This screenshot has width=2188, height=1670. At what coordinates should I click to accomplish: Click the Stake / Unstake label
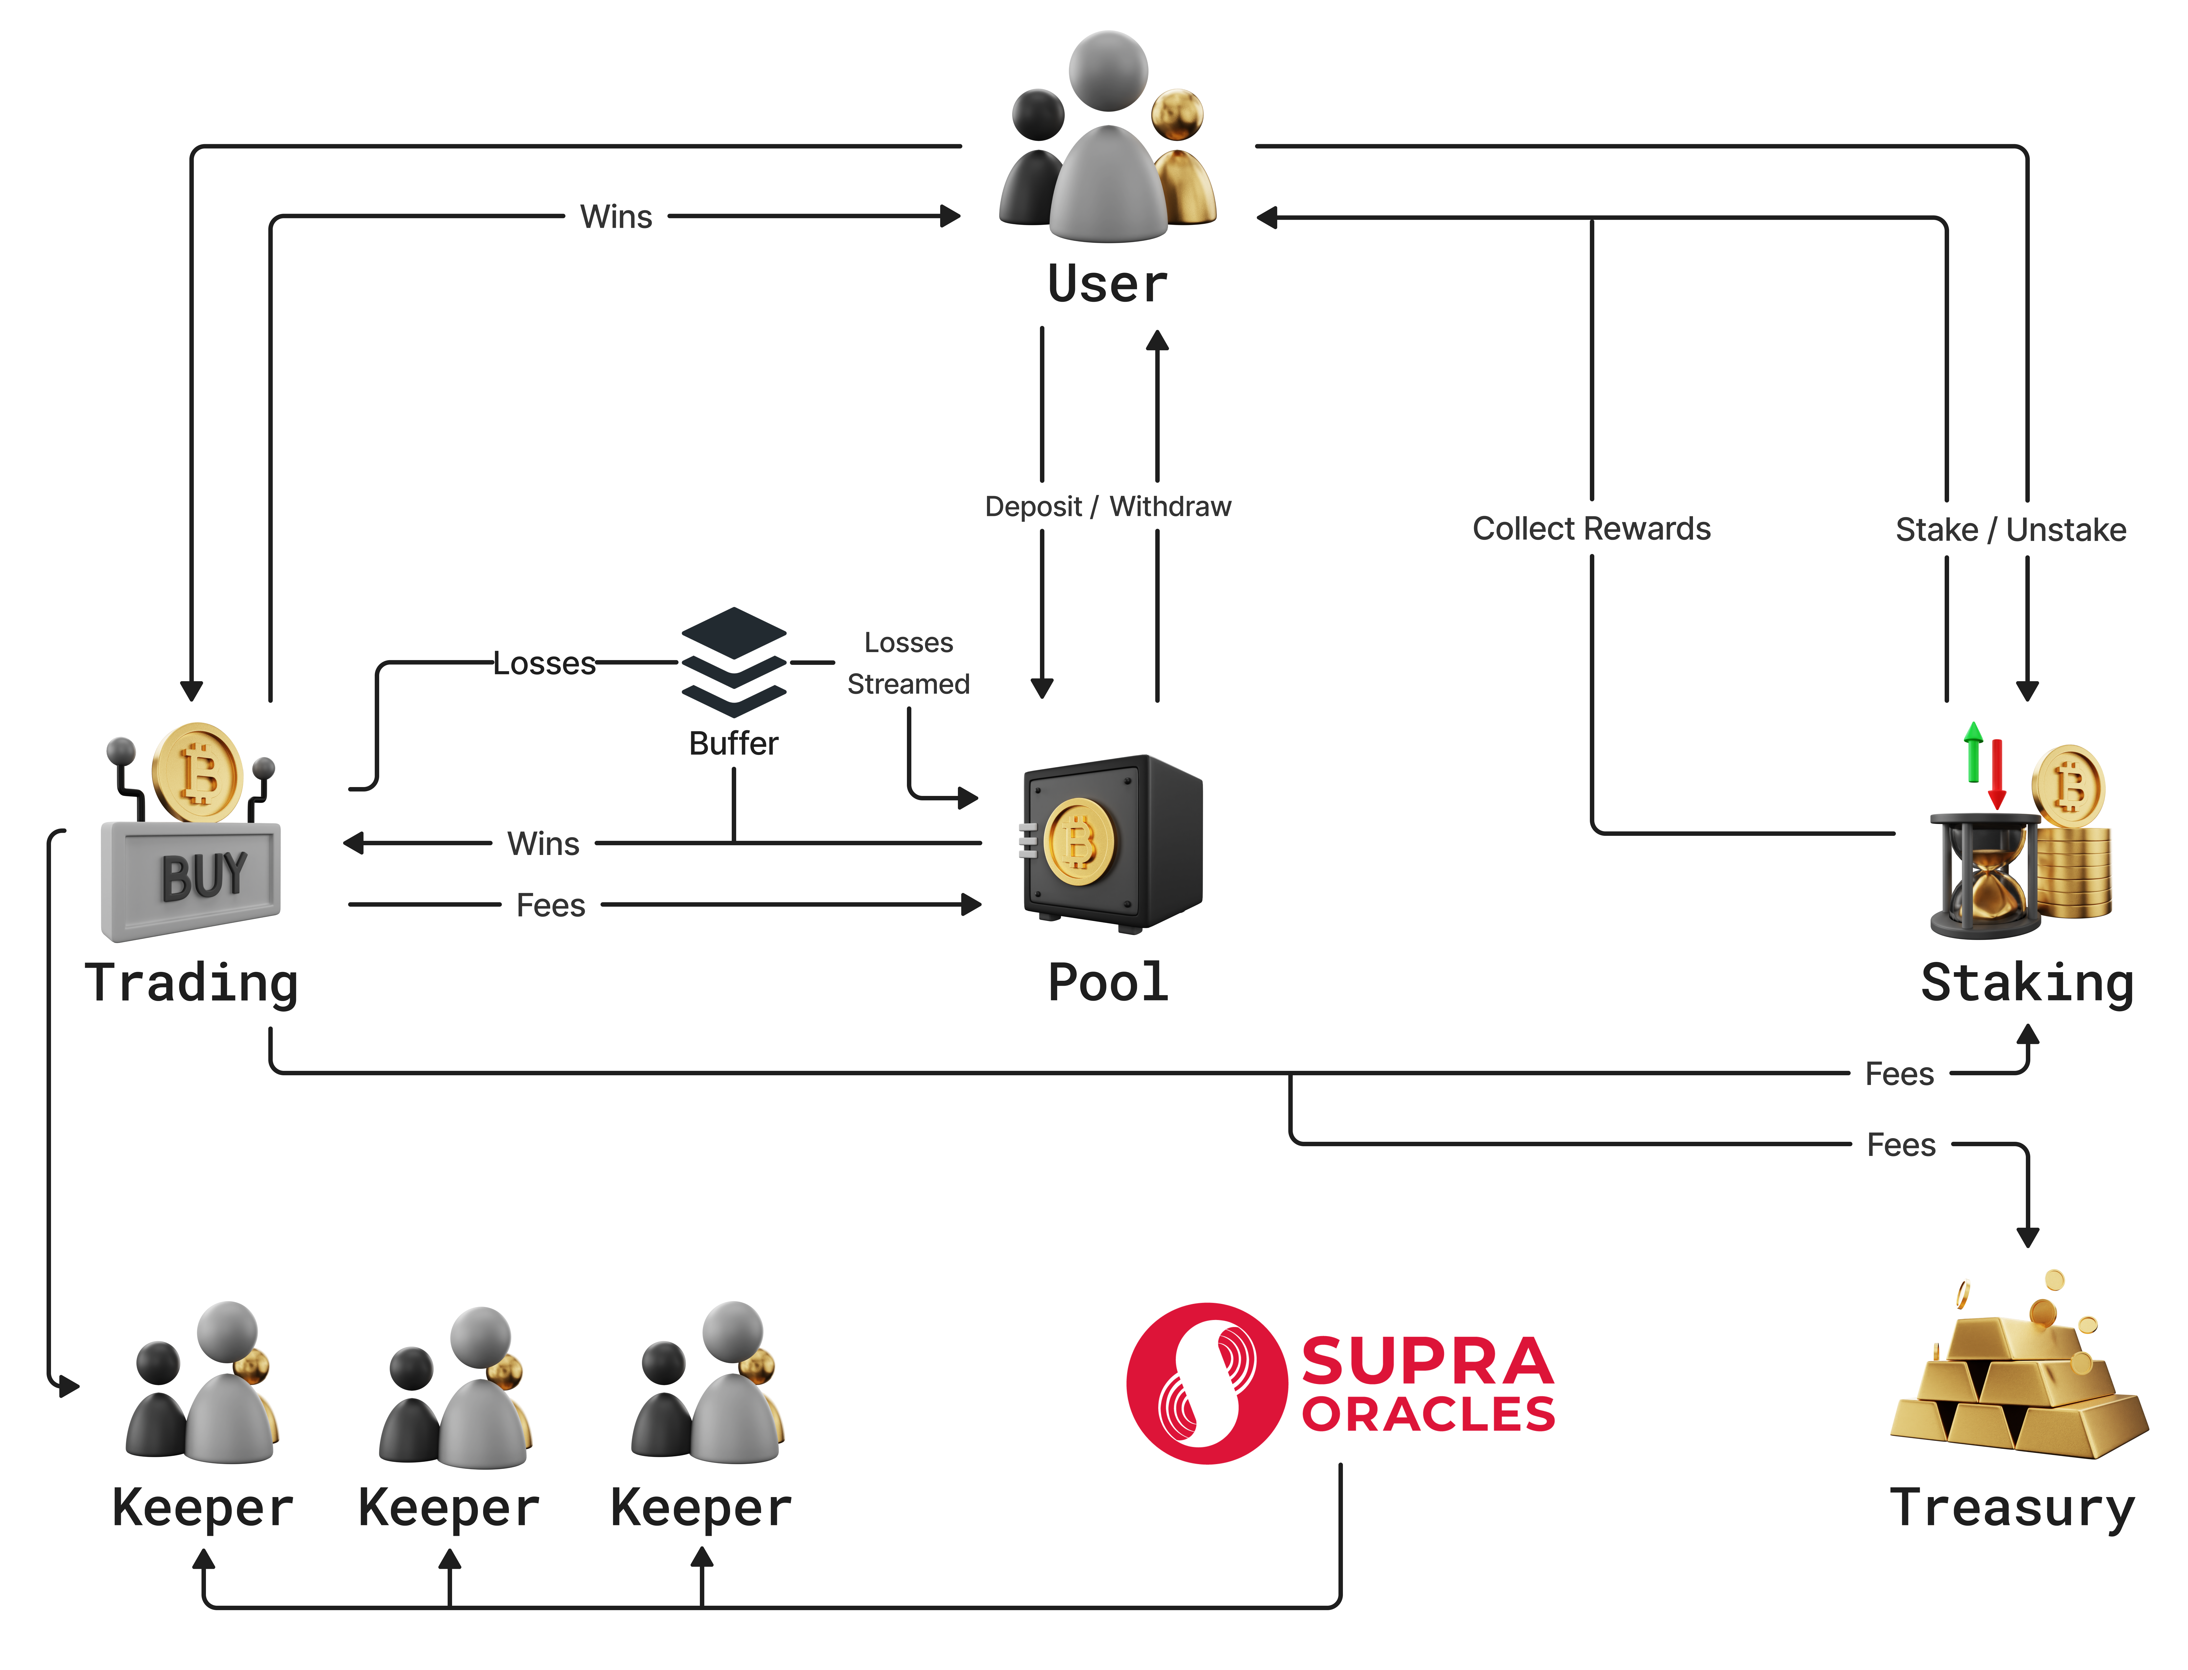coord(2010,530)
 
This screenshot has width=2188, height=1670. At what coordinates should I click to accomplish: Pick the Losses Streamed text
coord(908,663)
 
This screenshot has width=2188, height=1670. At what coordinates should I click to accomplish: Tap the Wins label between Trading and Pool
coord(543,844)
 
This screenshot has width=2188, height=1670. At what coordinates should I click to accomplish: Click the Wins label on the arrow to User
coord(616,217)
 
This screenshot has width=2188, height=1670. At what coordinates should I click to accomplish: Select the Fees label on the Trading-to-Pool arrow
coord(551,906)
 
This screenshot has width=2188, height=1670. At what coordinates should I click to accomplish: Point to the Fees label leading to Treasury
coord(1901,1145)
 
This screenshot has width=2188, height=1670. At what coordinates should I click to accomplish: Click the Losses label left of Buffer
coord(545,663)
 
